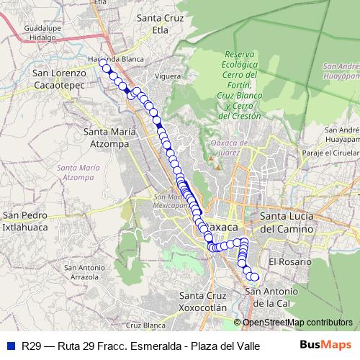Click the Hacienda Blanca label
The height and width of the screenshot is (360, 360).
pos(114,60)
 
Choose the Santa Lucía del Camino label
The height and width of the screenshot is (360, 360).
pos(286,222)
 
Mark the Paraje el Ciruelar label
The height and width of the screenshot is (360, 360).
pos(330,153)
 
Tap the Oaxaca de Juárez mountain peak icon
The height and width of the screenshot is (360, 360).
pos(212,153)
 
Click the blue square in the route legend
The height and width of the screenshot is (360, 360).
pos(10,345)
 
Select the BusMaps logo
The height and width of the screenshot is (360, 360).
pos(325,344)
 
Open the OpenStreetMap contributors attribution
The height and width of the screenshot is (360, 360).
pos(296,322)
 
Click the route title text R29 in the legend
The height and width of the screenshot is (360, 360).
pos(31,345)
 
